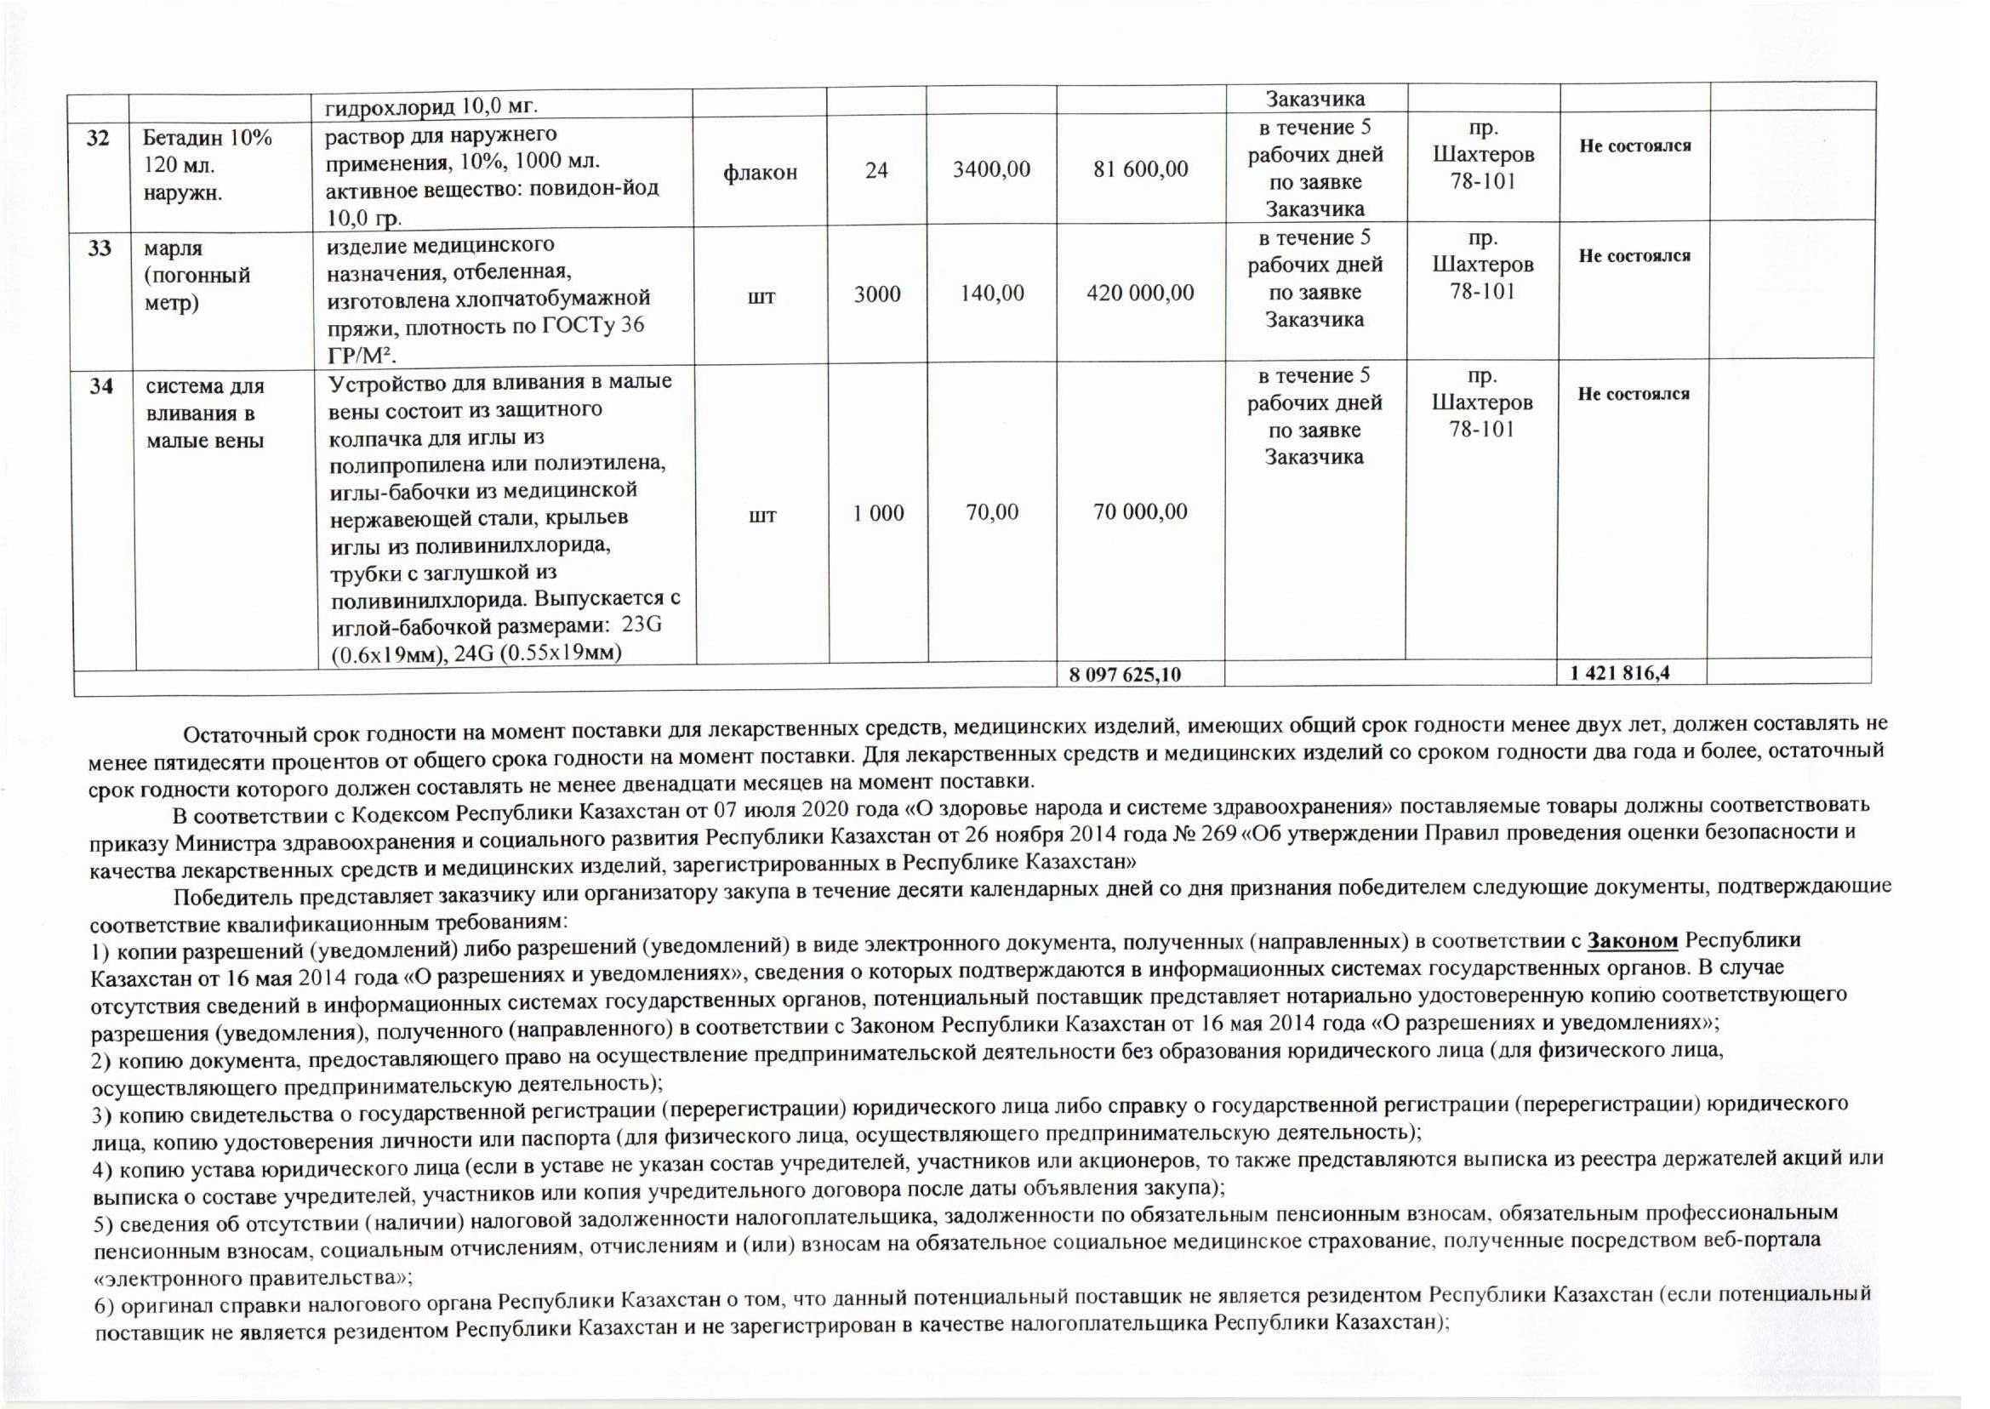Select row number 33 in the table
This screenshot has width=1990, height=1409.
coord(99,248)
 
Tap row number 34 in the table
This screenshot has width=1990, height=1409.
coord(100,386)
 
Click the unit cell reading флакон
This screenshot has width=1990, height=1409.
coord(760,173)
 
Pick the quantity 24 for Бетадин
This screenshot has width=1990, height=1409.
coord(876,170)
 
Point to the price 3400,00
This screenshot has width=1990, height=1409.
coord(991,169)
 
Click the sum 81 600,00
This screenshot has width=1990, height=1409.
coord(1140,169)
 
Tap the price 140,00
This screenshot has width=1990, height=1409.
coord(991,294)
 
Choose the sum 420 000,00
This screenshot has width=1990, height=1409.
coord(1140,294)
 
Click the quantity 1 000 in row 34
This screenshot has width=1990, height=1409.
coord(878,513)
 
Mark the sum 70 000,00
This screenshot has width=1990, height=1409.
coord(1140,512)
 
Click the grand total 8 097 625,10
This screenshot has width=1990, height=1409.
coord(1125,674)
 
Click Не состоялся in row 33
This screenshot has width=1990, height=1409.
coord(1634,256)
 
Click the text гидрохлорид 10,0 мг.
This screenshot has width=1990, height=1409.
coord(432,106)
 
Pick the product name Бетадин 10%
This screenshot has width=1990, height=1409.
coord(208,138)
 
